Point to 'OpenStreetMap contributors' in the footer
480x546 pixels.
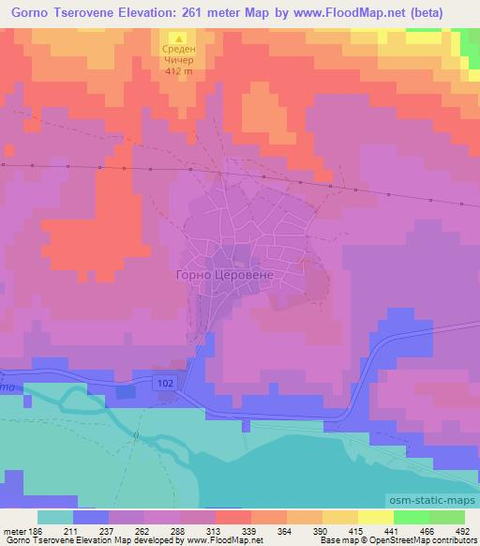click(x=423, y=540)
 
